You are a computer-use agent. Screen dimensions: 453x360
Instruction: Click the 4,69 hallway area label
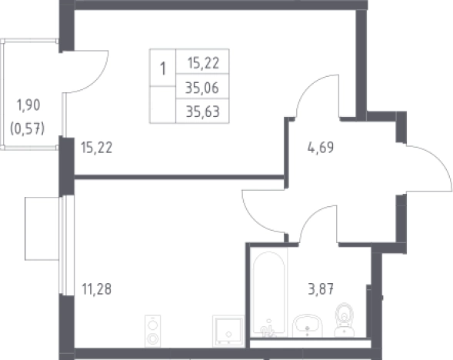coord(321,148)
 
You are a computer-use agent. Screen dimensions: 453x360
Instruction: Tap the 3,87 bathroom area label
coord(321,288)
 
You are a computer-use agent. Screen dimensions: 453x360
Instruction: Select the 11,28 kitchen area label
coord(96,289)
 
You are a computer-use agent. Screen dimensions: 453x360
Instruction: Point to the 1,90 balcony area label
coord(28,105)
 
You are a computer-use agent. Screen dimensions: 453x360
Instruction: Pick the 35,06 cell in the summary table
coord(202,88)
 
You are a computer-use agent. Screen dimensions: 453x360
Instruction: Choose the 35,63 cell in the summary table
coord(202,112)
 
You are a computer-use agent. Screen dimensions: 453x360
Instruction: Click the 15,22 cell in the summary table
coord(203,63)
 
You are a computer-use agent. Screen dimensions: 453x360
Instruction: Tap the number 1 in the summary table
coord(162,69)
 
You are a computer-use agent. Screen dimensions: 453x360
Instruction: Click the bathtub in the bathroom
coord(268,294)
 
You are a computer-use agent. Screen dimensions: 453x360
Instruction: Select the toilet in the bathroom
coord(345,320)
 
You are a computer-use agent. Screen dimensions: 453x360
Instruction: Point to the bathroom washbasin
coord(307,326)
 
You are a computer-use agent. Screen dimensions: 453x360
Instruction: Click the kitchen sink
coord(228,331)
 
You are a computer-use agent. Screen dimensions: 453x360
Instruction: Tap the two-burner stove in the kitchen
coord(152,331)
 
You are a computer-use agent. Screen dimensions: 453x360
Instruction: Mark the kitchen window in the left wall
coord(66,245)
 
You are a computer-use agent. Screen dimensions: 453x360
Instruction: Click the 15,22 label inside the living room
coord(96,148)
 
